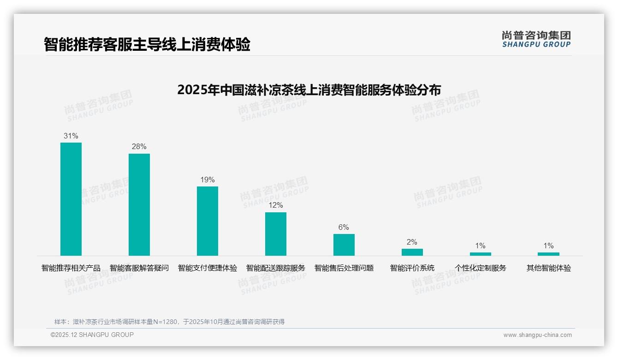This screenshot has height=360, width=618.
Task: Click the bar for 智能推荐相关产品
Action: click(71, 199)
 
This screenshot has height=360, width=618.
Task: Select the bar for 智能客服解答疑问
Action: click(139, 204)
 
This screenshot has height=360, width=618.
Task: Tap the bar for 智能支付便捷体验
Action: click(208, 221)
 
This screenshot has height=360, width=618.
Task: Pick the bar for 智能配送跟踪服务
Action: click(276, 234)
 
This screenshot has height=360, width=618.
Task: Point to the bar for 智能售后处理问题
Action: click(344, 245)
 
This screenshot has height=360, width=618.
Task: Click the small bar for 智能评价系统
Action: click(412, 252)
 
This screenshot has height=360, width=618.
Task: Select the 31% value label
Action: click(71, 136)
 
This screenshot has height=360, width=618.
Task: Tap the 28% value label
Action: click(139, 147)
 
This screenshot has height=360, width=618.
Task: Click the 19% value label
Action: click(208, 180)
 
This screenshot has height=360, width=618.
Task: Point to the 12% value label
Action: click(276, 205)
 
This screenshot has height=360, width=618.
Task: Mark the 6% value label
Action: click(344, 228)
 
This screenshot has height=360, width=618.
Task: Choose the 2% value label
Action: click(412, 242)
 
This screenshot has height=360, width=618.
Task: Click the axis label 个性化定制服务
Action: click(481, 268)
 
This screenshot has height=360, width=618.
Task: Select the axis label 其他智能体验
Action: click(549, 268)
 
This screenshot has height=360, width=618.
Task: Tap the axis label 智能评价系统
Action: click(412, 268)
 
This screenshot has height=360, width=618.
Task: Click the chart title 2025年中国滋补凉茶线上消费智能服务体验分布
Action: click(309, 90)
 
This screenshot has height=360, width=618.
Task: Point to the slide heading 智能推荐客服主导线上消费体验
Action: click(147, 45)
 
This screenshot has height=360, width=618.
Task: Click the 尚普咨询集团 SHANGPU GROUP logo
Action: click(536, 39)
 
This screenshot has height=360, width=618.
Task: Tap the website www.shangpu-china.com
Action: click(537, 335)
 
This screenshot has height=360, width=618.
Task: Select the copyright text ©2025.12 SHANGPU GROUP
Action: click(92, 335)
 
